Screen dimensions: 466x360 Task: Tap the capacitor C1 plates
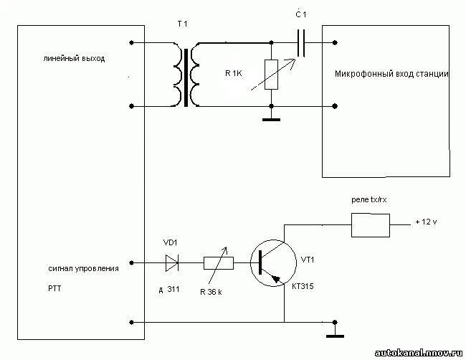pos(301,43)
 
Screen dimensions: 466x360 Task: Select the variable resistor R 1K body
pos(271,75)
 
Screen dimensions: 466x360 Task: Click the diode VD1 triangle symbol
pos(172,263)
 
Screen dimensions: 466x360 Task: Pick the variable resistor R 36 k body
pos(219,263)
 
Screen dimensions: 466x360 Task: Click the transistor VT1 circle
pos(273,263)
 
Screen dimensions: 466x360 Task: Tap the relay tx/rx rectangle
pos(371,225)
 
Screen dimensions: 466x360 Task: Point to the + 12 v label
pos(426,222)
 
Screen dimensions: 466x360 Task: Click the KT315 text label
pos(303,286)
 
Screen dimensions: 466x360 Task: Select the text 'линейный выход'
pos(74,59)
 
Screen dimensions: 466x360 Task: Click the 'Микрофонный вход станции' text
pos(391,74)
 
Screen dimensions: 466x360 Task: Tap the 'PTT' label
pos(54,288)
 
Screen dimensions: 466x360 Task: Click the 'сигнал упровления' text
pos(83,269)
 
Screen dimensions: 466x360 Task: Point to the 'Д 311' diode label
pos(168,289)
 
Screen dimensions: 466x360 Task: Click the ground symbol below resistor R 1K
pos(271,120)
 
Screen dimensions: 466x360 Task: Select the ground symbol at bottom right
pos(335,336)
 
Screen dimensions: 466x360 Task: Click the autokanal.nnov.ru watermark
pos(419,353)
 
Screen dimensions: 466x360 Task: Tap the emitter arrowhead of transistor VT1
pos(277,279)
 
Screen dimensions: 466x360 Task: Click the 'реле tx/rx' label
pos(368,200)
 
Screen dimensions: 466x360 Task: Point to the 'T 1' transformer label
pos(183,24)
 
